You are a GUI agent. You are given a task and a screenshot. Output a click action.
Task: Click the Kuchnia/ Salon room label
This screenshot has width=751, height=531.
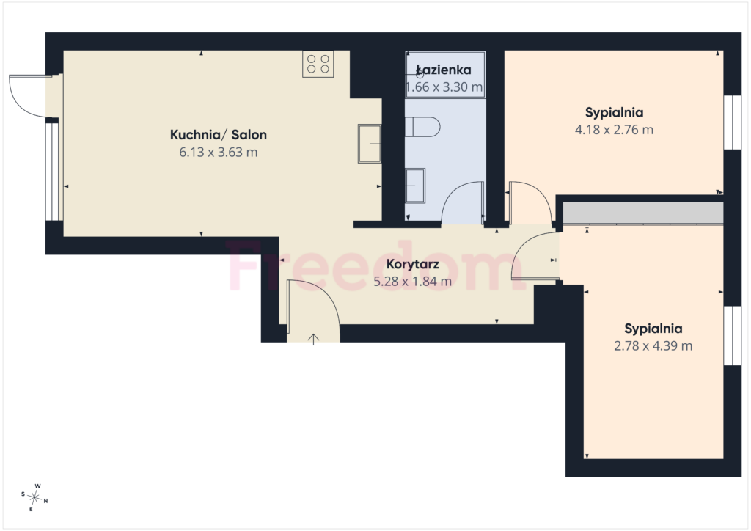tap(219, 134)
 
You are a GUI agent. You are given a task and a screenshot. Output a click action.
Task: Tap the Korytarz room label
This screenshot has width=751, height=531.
tap(412, 264)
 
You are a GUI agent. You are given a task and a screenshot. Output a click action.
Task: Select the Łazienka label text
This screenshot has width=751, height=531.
tap(444, 70)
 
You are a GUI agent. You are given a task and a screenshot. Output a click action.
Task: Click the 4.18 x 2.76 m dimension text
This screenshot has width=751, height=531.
tap(614, 130)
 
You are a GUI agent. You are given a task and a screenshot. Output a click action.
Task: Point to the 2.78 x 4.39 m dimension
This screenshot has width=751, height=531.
tap(653, 345)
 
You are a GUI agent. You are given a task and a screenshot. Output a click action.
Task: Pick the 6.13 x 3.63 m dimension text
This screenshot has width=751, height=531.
tap(219, 153)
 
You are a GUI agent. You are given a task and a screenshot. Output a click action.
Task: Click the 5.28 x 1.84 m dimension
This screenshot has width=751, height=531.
tap(412, 282)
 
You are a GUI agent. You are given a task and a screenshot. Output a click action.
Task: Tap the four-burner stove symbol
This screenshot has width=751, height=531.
tap(318, 64)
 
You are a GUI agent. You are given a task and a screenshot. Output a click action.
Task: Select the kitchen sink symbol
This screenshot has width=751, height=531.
tap(370, 144)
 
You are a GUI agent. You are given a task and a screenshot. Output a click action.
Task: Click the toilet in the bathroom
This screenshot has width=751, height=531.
tap(422, 127)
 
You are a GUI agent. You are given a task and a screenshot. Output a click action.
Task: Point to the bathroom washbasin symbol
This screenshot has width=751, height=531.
tap(415, 186)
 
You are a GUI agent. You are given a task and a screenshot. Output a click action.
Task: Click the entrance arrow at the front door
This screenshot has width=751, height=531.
tap(313, 339)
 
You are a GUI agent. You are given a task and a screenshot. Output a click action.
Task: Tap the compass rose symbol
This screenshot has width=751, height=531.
tap(34, 498)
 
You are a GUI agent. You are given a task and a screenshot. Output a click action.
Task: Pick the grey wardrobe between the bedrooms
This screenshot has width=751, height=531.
tap(642, 213)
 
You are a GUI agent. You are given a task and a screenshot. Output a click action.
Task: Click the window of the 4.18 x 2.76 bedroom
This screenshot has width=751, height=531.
tap(733, 122)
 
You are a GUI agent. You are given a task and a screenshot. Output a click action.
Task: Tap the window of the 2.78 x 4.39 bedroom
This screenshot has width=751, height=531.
tap(733, 336)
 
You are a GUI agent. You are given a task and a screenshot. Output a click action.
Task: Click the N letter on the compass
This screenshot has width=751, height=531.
tap(46, 502)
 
